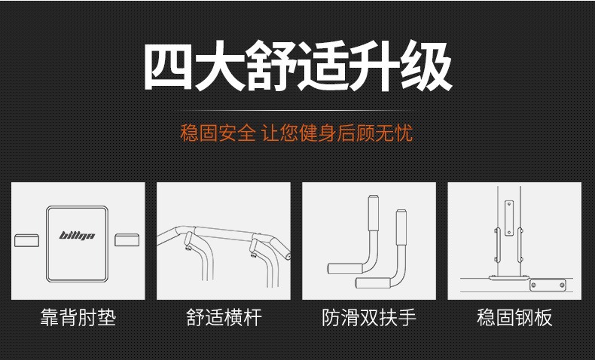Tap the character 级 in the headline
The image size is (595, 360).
click(x=426, y=66)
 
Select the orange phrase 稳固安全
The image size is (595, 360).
click(x=218, y=133)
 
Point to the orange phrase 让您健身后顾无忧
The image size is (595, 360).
click(x=337, y=133)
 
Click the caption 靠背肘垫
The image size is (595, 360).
click(x=78, y=317)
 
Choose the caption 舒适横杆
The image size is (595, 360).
click(x=224, y=317)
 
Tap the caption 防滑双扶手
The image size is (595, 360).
click(x=369, y=317)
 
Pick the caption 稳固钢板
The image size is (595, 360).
click(x=514, y=317)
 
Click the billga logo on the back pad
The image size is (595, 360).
click(x=77, y=236)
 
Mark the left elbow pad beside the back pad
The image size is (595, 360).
click(x=26, y=240)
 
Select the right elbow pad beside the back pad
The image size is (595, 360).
click(x=127, y=239)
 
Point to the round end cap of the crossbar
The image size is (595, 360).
click(x=288, y=256)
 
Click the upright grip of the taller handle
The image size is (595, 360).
click(x=374, y=213)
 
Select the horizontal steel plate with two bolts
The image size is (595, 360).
click(x=548, y=285)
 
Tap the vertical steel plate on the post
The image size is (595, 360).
click(x=509, y=218)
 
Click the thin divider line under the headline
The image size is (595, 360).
click(x=297, y=111)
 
